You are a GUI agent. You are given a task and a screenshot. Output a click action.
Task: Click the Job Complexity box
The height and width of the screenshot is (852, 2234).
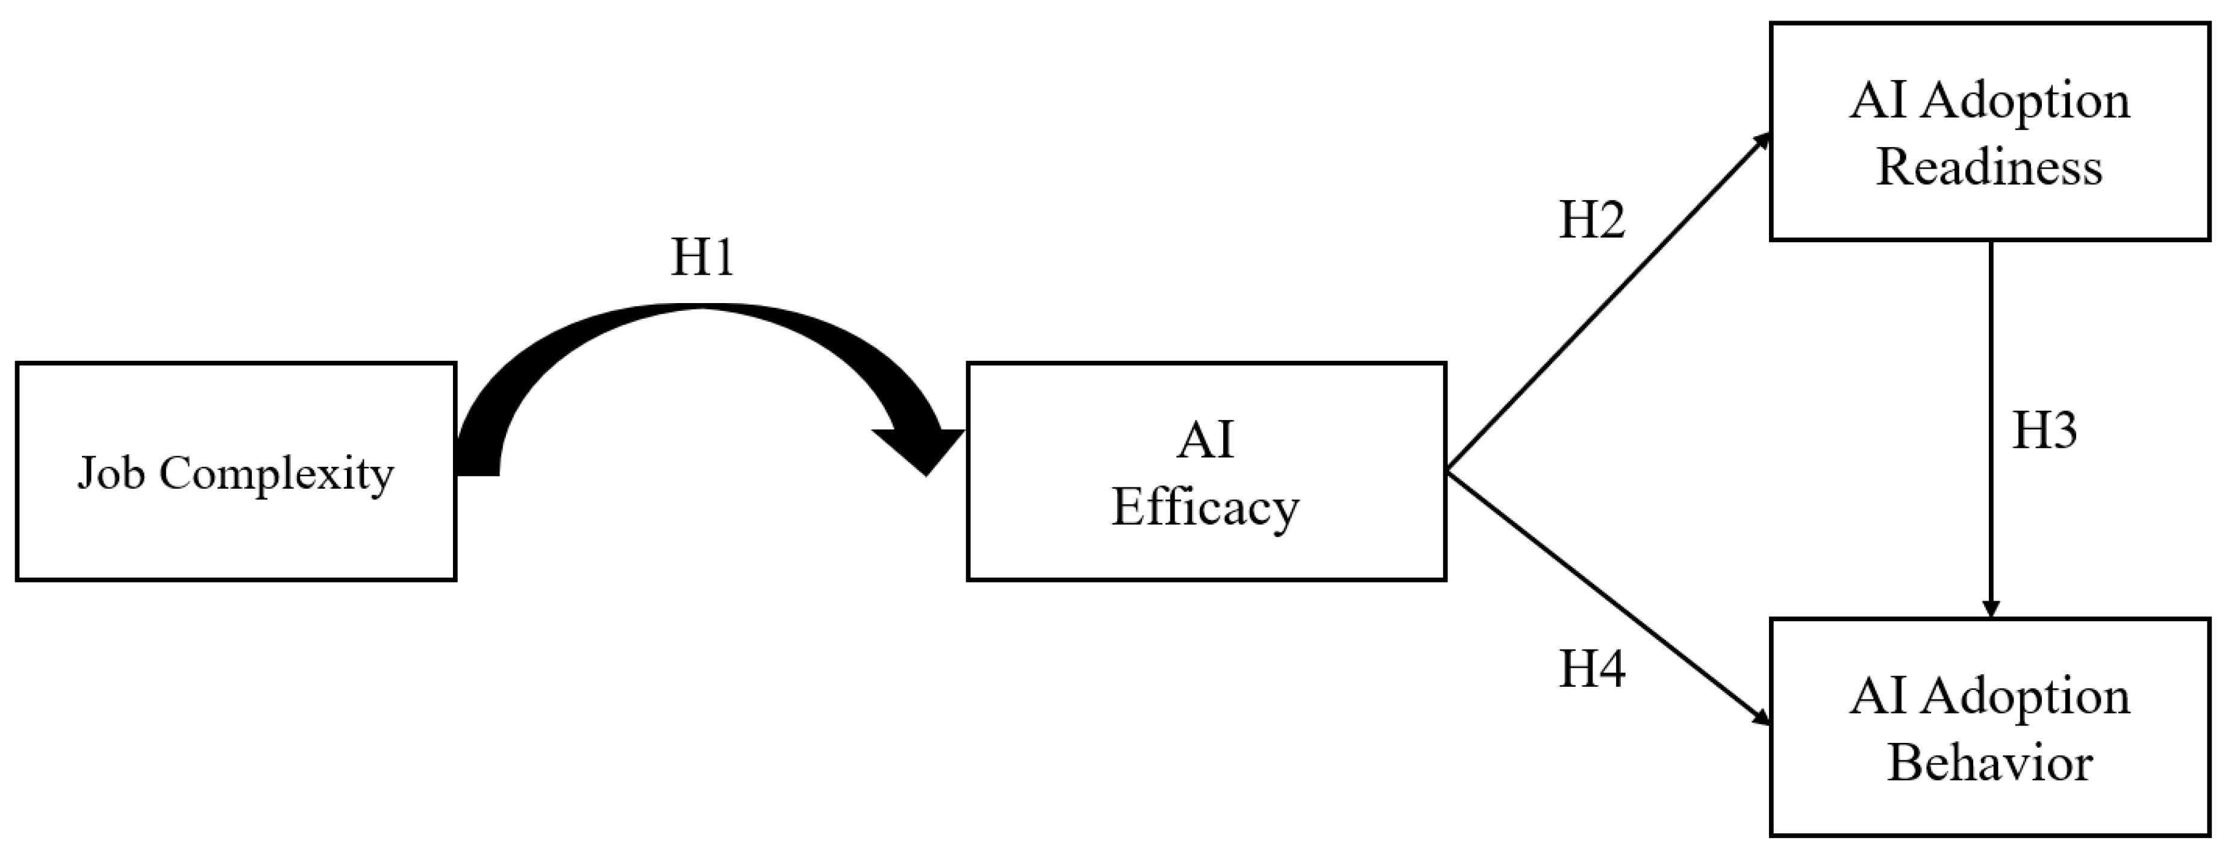pyautogui.click(x=236, y=521)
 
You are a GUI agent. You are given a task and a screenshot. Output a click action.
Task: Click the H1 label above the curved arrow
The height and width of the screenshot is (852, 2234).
pyautogui.click(x=702, y=258)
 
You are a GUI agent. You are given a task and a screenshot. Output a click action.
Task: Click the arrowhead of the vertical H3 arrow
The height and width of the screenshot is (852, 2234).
pyautogui.click(x=1991, y=609)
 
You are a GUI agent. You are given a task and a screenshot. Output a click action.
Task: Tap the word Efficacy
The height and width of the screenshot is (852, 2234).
pyautogui.click(x=1205, y=507)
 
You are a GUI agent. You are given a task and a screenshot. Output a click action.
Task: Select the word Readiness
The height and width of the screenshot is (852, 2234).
pyautogui.click(x=1989, y=166)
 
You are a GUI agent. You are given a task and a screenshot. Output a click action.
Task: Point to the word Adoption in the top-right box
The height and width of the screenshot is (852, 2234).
pyautogui.click(x=2024, y=101)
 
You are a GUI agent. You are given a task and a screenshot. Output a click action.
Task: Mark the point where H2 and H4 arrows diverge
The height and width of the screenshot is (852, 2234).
pyautogui.click(x=1449, y=471)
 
